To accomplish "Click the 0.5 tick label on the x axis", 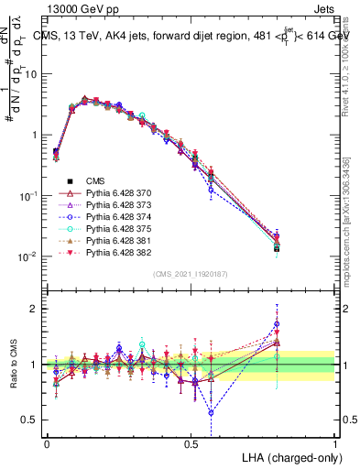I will [x=191, y=442].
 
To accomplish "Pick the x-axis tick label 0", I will [x=48, y=442].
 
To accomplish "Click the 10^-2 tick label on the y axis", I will [x=28, y=256].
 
